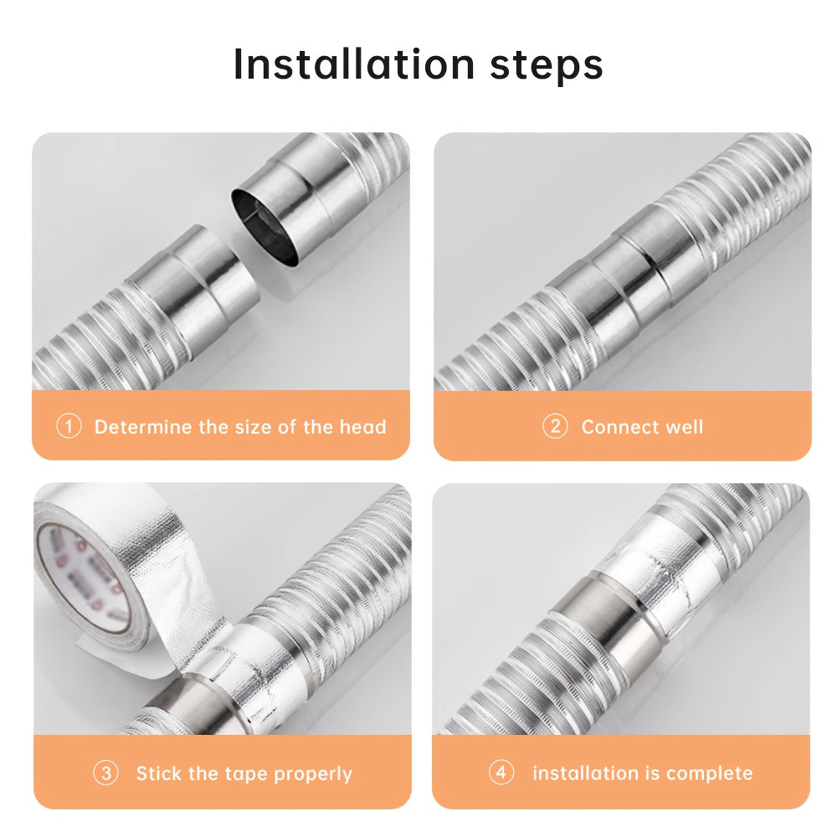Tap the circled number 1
[x=69, y=427]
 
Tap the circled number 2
[x=555, y=427]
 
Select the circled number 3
[x=105, y=773]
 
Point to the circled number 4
[x=501, y=773]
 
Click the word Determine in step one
[x=143, y=427]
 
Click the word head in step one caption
[x=362, y=427]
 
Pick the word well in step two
[x=682, y=427]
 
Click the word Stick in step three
[x=157, y=773]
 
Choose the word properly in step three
[x=314, y=774]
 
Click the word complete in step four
[x=711, y=773]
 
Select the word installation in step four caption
[x=585, y=773]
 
